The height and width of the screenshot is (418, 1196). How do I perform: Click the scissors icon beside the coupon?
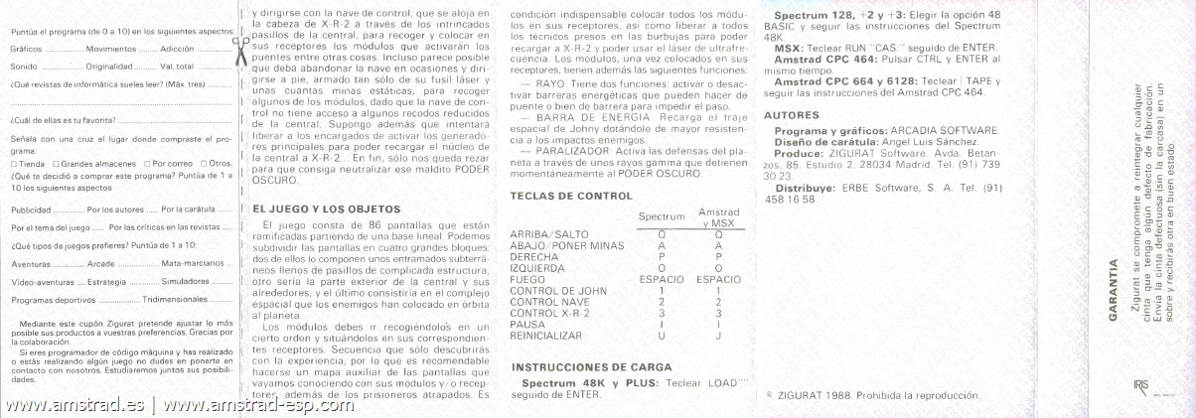coord(238,47)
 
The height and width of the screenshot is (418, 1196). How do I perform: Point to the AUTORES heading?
coord(792,115)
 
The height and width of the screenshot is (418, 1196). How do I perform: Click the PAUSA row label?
coord(526,324)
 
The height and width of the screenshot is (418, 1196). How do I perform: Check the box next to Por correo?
coord(146,163)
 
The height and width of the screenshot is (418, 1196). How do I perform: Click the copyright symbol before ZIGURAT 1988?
coord(769,394)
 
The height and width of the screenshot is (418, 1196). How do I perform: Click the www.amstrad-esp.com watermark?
coord(258,405)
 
